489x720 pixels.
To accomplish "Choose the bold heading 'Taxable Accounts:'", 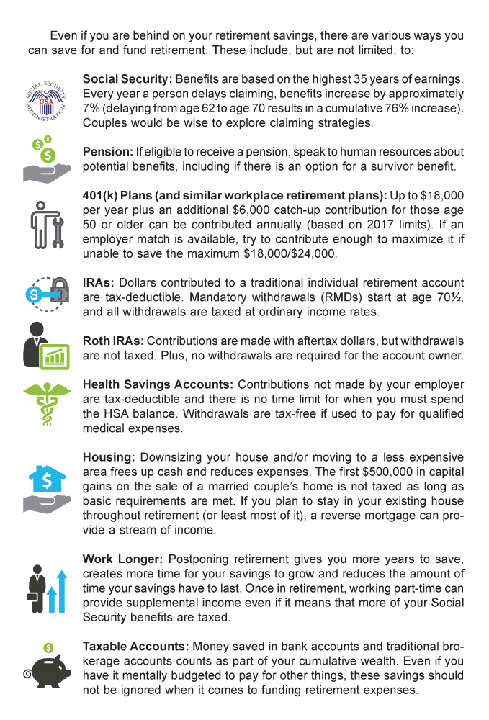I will point(135,647).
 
